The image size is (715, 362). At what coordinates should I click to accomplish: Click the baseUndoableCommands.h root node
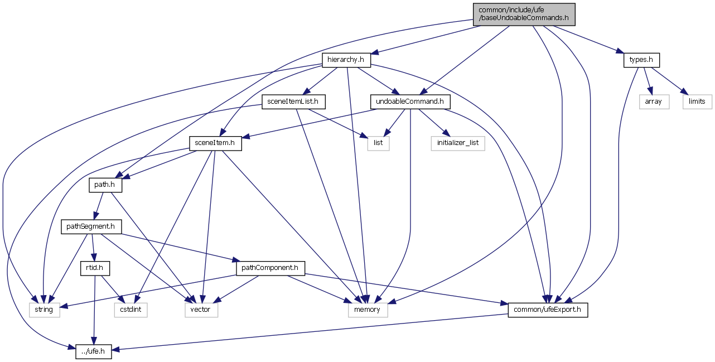point(523,14)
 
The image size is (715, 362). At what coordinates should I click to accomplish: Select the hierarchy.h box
point(346,59)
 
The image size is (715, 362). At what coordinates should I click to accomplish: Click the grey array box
point(653,101)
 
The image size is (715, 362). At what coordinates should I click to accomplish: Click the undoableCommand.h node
point(410,101)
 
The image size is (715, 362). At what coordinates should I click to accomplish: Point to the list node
point(378,143)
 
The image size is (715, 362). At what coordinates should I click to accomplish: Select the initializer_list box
point(458,143)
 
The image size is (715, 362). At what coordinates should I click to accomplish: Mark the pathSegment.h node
point(91,226)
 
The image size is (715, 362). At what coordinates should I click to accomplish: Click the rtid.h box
point(95,268)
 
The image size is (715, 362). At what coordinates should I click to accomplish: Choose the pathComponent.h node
point(270,268)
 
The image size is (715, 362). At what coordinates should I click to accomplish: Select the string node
point(44,310)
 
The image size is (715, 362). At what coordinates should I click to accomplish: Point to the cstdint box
point(131,310)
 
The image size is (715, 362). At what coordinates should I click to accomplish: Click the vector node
point(201,310)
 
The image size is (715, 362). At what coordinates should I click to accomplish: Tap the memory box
point(367,310)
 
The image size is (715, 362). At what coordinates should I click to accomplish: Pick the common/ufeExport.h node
point(547,310)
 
